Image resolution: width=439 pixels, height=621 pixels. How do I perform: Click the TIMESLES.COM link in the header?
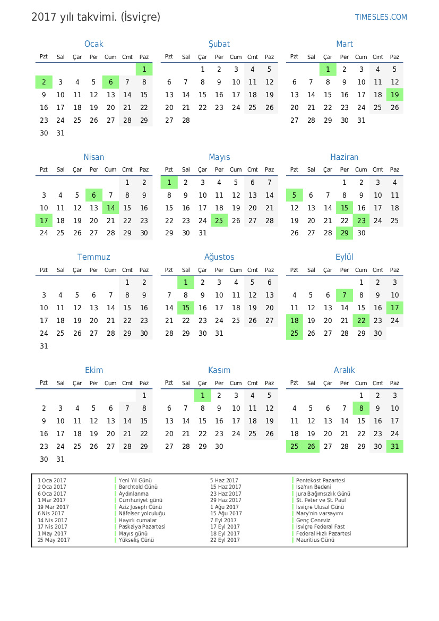[381, 17]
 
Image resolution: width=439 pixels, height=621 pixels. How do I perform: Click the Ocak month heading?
[94, 44]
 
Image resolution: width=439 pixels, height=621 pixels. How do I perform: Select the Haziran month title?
[345, 157]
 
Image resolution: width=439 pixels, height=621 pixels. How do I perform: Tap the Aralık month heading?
[345, 370]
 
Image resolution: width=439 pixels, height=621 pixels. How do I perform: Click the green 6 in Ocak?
[110, 82]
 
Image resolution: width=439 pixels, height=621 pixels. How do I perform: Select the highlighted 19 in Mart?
[394, 95]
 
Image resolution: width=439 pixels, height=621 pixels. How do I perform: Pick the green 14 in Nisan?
[110, 208]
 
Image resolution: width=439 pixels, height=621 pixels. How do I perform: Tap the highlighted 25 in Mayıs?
[219, 220]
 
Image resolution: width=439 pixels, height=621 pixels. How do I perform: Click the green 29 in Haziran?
[345, 233]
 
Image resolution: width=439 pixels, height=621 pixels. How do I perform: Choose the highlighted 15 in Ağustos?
[186, 308]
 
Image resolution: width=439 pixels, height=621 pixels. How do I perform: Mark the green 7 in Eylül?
[345, 295]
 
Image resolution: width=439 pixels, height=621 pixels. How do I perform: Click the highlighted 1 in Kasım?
[202, 395]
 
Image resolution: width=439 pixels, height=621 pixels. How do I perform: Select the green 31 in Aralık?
[394, 446]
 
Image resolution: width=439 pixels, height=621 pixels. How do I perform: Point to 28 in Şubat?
[186, 120]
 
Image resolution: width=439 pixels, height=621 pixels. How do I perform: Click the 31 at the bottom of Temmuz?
[44, 346]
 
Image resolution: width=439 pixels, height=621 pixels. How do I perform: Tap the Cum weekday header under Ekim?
[110, 383]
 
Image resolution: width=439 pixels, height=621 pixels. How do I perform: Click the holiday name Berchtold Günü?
[138, 487]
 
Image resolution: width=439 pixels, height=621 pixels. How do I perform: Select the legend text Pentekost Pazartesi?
[321, 480]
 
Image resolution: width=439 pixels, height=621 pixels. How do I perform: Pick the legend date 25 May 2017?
[54, 540]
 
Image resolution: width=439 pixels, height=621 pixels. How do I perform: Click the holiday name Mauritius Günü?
[315, 540]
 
